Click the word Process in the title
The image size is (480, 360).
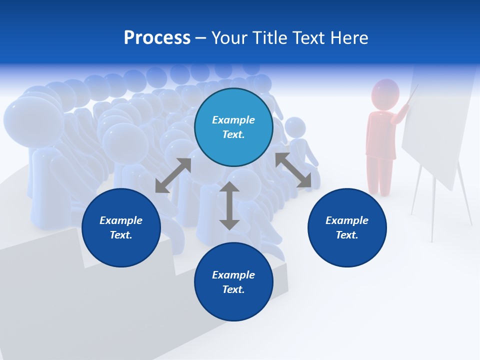tap(157, 38)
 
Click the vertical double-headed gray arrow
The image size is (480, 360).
tap(229, 206)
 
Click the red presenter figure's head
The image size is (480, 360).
tap(385, 94)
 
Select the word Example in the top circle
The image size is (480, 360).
tap(233, 120)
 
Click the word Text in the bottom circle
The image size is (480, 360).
tap(232, 289)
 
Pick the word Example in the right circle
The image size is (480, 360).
tap(347, 220)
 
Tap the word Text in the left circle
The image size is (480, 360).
tap(120, 235)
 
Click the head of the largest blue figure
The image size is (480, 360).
tap(32, 120)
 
